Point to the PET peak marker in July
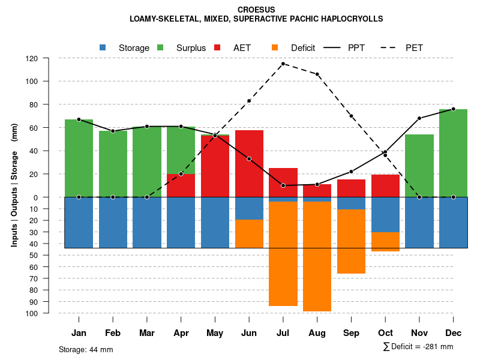click(x=283, y=64)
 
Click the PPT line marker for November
click(x=419, y=118)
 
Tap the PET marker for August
click(x=317, y=74)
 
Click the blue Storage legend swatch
click(x=103, y=47)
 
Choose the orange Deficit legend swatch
click(x=275, y=47)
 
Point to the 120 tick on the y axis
click(x=32, y=58)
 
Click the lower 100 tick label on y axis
click(x=32, y=313)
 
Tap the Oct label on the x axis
click(x=386, y=333)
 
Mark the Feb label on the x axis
click(x=113, y=333)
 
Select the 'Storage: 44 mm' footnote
click(x=86, y=349)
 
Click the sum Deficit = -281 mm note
click(x=418, y=346)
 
